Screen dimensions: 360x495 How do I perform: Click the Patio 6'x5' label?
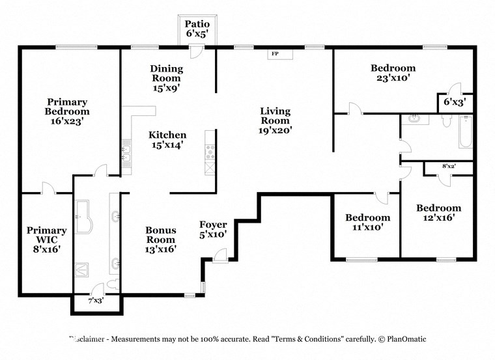click(x=197, y=29)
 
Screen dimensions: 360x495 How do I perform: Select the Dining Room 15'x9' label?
click(x=167, y=77)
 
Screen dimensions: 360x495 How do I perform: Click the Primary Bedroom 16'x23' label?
click(x=66, y=111)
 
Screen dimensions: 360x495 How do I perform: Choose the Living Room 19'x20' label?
click(x=276, y=120)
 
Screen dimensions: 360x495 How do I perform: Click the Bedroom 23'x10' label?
click(x=393, y=72)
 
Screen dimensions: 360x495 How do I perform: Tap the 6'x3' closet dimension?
click(x=454, y=102)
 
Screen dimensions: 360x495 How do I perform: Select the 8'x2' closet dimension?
click(x=449, y=167)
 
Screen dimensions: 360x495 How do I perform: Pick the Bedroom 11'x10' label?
click(x=367, y=222)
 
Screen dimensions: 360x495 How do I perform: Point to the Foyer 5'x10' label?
click(x=213, y=229)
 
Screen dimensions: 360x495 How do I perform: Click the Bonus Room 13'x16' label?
click(x=160, y=239)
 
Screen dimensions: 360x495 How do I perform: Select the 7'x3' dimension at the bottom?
click(x=95, y=301)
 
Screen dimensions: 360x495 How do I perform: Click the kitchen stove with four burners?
click(x=210, y=152)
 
